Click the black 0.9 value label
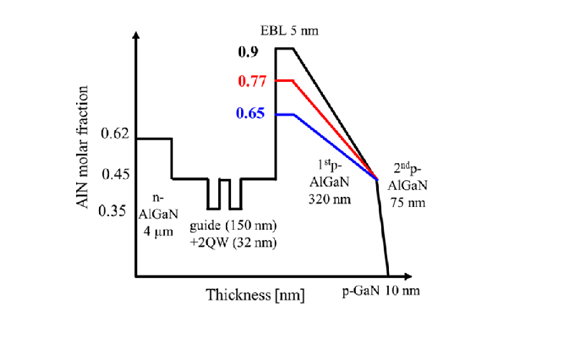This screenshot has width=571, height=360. tap(247, 51)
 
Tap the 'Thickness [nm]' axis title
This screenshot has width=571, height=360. tap(255, 295)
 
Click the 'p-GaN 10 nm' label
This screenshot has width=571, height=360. tap(381, 291)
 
